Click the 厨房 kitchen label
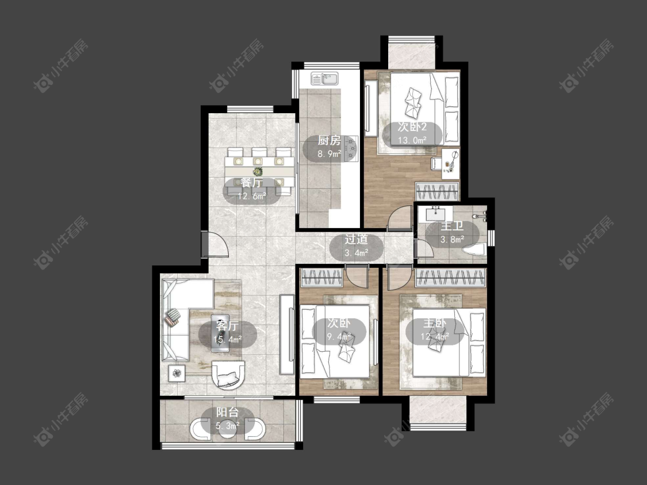[329, 141]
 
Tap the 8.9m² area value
[330, 155]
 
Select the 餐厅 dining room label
[251, 183]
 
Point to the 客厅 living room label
[227, 326]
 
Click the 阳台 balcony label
[227, 412]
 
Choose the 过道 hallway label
[356, 239]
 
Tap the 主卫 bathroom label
[452, 226]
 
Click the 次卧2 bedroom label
[412, 126]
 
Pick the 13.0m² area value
[412, 140]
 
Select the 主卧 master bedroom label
[435, 324]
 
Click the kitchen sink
[325, 78]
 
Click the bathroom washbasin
[435, 214]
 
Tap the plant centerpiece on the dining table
[258, 171]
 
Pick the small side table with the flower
[177, 374]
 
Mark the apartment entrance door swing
[216, 245]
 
